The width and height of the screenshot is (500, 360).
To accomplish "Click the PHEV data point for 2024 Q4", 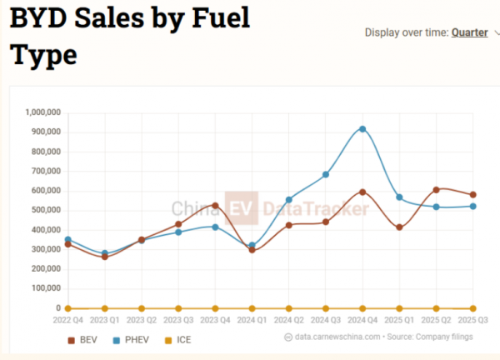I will point(362,129).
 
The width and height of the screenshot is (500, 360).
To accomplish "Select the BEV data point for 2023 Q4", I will point(215,205).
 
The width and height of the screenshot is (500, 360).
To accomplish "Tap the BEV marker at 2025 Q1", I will point(399,227).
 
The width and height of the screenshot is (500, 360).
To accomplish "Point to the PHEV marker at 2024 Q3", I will point(326,175).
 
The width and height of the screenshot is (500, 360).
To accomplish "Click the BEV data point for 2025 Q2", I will point(436,190).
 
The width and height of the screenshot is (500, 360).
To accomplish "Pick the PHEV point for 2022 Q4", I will point(68,240).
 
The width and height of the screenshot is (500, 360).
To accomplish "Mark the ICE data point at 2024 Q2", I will point(289,308).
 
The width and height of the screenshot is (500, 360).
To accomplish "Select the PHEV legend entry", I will point(129,340).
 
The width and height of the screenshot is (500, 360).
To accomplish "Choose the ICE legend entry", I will point(175,340).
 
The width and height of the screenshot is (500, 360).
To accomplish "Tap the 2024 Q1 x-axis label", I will point(252,319).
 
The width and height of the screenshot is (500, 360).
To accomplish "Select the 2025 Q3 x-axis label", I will point(472,319).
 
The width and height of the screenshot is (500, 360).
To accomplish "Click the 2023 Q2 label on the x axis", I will point(142,319).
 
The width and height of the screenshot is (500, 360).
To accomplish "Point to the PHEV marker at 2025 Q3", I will point(472,206).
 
